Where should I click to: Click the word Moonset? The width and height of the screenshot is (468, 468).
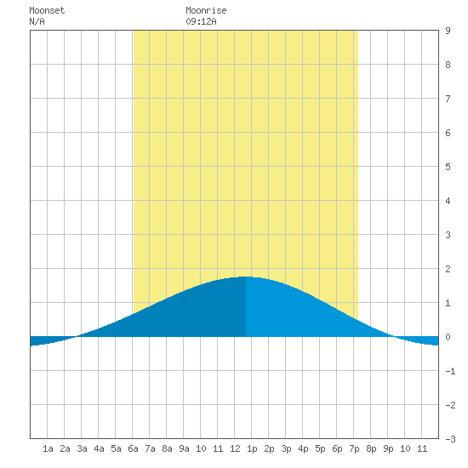(47, 10)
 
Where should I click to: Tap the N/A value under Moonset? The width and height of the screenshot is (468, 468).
(37, 21)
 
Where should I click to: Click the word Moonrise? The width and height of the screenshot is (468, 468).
(206, 10)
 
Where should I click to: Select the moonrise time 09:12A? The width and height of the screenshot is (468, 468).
(201, 21)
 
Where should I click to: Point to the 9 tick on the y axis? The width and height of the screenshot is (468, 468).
(448, 31)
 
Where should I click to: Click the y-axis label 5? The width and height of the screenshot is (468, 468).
(448, 167)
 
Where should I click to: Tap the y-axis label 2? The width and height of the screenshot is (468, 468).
(448, 269)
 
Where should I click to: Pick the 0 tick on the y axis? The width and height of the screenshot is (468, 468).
(448, 337)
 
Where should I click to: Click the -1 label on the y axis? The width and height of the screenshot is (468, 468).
(450, 371)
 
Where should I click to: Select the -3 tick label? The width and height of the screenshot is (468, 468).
(450, 439)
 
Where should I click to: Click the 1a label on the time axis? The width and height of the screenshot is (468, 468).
(48, 448)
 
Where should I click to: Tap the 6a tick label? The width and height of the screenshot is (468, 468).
(133, 448)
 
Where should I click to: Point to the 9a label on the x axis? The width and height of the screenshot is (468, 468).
(184, 448)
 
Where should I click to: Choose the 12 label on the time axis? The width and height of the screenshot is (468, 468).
(235, 448)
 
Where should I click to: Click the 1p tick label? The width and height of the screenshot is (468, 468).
(252, 448)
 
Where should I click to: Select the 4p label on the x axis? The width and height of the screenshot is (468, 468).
(303, 448)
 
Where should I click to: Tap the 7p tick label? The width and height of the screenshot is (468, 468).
(354, 448)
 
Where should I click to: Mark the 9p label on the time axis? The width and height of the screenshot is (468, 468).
(388, 448)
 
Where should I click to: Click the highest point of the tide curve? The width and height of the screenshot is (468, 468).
(246, 277)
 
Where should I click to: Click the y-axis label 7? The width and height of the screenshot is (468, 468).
(448, 99)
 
